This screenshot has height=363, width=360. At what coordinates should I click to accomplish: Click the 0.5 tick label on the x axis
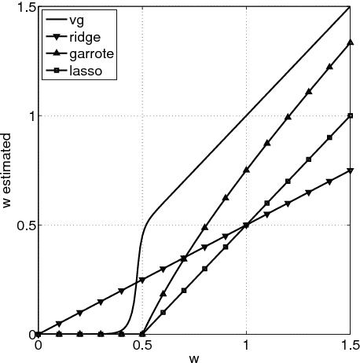[x=142, y=344]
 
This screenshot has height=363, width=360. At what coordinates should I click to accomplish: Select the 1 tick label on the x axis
[x=247, y=344]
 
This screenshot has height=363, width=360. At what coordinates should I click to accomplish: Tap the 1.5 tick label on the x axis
[x=350, y=344]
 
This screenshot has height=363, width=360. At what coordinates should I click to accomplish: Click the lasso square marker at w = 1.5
[x=351, y=115]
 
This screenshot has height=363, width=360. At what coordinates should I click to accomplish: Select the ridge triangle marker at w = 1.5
[x=351, y=170]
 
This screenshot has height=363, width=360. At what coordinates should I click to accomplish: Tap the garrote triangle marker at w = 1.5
[x=351, y=42]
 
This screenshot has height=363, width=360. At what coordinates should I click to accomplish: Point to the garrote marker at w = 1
[x=247, y=170]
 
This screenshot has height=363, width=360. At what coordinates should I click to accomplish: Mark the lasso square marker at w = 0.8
[x=205, y=269]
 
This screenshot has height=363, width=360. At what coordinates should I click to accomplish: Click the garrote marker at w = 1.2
[x=288, y=117]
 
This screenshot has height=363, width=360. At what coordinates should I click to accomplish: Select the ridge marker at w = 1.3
[x=309, y=192]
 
